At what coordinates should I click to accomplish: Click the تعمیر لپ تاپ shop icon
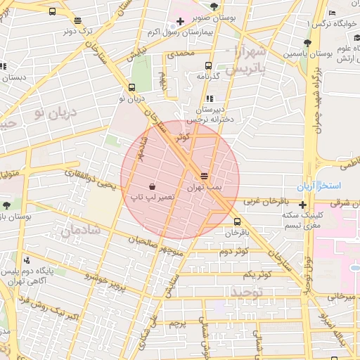[153, 186]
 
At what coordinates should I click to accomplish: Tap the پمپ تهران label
[204, 188]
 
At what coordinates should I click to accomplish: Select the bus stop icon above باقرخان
[236, 221]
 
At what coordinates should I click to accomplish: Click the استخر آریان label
[324, 186]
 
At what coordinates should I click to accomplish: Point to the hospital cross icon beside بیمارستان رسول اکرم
[181, 22]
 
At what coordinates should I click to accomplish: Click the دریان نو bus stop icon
[132, 88]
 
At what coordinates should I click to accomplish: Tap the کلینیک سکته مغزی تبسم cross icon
[302, 205]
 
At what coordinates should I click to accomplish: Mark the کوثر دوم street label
[236, 251]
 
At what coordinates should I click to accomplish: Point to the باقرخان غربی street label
[267, 201]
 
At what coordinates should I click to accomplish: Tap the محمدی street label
[179, 53]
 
